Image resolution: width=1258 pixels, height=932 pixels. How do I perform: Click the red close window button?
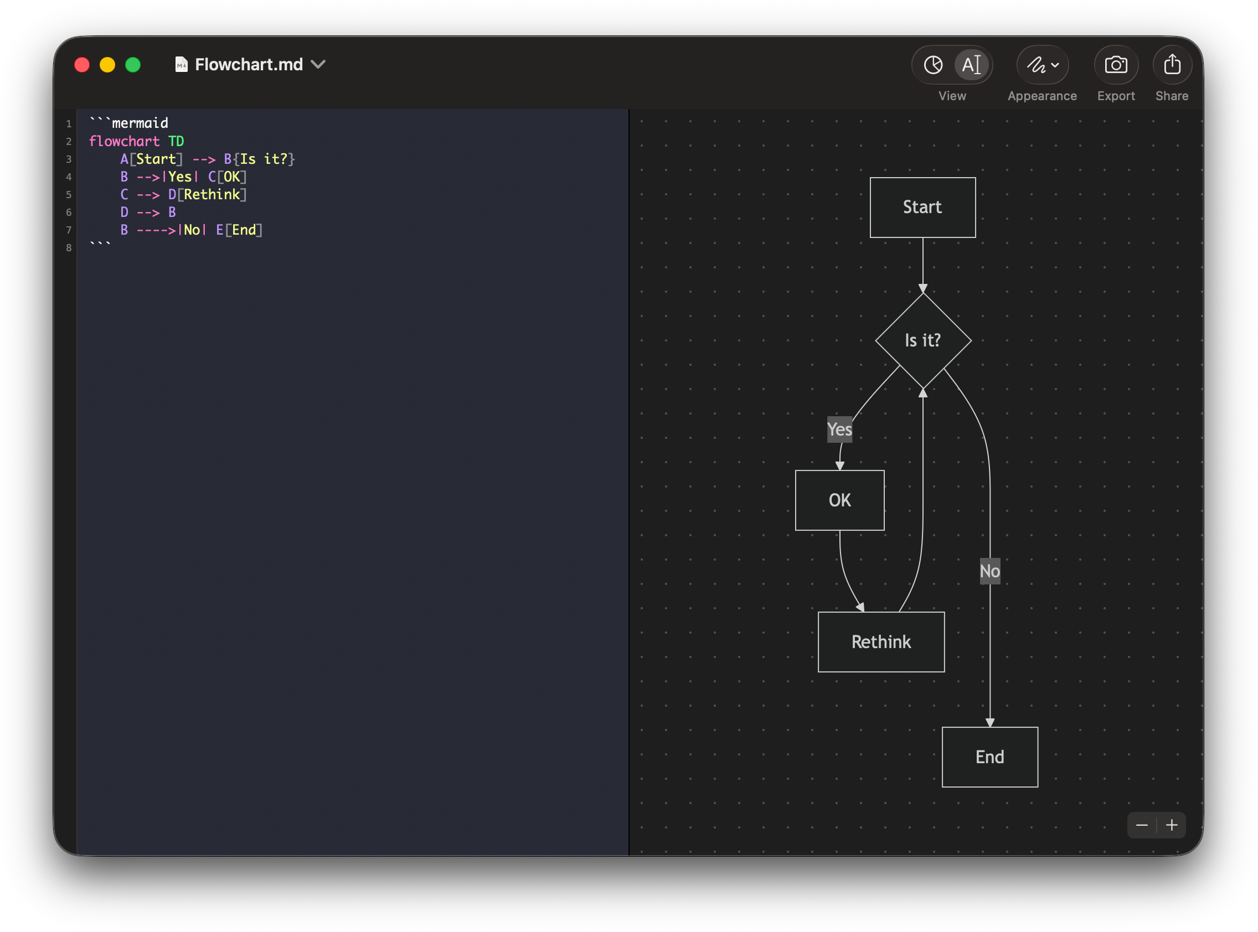tap(82, 65)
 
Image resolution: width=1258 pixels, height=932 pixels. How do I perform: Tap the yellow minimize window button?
tap(107, 65)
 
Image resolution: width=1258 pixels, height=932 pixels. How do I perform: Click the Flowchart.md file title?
tap(249, 65)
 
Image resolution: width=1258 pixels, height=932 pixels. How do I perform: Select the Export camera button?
tap(1115, 65)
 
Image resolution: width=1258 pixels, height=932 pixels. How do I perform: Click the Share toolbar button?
tap(1172, 65)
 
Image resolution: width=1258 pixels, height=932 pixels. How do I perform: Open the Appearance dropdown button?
tap(1042, 65)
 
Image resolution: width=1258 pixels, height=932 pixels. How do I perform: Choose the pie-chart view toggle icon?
tap(933, 65)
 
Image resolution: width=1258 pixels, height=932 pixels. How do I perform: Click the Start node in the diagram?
tap(922, 207)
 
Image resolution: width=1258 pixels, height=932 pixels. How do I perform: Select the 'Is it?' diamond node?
tap(923, 340)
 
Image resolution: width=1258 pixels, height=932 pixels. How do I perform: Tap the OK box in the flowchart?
tap(839, 500)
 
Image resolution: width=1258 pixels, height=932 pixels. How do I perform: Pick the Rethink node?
tap(880, 641)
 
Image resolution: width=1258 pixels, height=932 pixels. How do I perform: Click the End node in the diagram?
tap(989, 757)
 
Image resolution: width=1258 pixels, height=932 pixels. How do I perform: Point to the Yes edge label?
tap(839, 429)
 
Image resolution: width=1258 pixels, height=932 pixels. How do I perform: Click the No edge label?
tap(989, 571)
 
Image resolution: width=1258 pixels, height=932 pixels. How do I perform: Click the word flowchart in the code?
tap(124, 141)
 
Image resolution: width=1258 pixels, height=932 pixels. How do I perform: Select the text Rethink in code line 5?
tap(212, 194)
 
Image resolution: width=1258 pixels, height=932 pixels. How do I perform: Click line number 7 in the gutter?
tap(68, 230)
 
